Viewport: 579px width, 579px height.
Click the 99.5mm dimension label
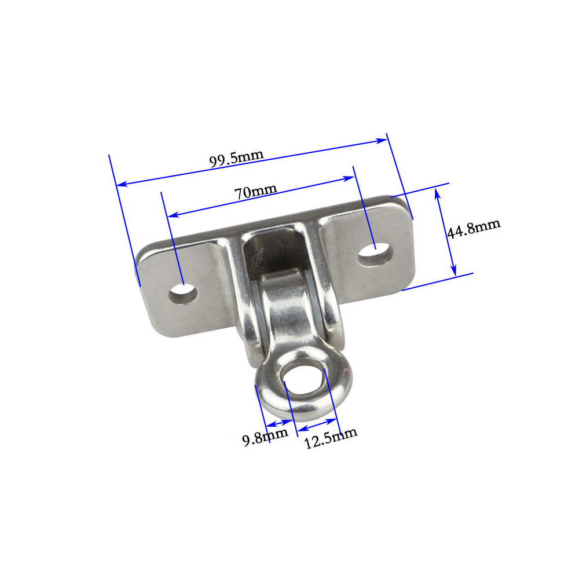(236, 159)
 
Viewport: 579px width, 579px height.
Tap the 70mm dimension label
(255, 191)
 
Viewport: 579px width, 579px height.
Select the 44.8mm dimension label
(474, 229)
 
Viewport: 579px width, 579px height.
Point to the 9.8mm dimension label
(265, 437)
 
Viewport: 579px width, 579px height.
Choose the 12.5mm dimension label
(331, 438)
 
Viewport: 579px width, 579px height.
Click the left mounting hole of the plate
(183, 294)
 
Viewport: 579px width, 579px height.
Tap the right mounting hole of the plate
(375, 255)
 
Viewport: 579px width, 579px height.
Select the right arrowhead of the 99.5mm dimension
(382, 141)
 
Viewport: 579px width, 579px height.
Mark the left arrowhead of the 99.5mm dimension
(122, 184)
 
